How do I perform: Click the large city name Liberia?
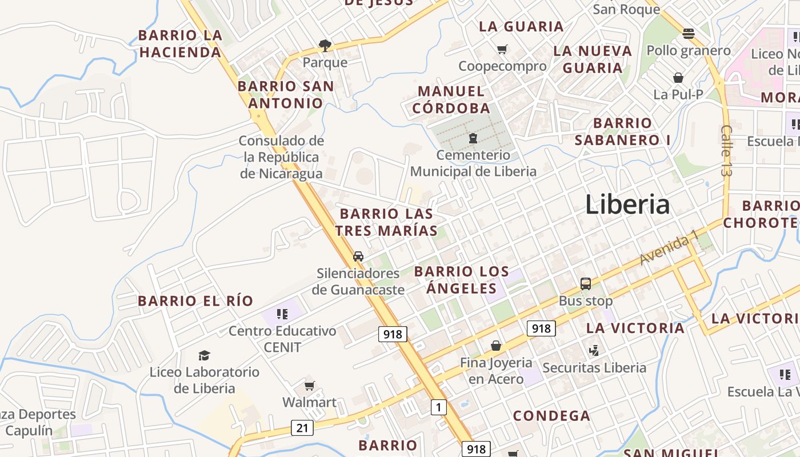tap(627, 205)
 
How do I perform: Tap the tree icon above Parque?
tap(325, 45)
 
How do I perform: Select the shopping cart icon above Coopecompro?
tap(502, 50)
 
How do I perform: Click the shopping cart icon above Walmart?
tap(309, 386)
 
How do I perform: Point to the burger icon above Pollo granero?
tap(688, 34)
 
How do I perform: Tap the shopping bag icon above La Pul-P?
tap(678, 78)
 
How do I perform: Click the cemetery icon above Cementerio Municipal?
tap(473, 138)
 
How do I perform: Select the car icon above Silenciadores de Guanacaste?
tap(358, 256)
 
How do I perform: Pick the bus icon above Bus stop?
tap(585, 283)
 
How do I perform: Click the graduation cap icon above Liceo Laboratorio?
tap(204, 356)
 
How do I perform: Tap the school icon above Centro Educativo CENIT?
tap(282, 314)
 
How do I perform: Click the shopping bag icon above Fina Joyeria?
tap(495, 346)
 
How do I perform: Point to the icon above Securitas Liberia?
tap(594, 350)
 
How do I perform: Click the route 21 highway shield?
tap(302, 427)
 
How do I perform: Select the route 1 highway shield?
tap(438, 407)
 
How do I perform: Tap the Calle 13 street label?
tap(726, 151)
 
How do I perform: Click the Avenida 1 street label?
tap(669, 247)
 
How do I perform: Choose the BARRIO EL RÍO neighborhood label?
tap(195, 301)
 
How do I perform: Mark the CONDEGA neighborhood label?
tap(551, 416)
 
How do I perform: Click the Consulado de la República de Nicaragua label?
tap(281, 157)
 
